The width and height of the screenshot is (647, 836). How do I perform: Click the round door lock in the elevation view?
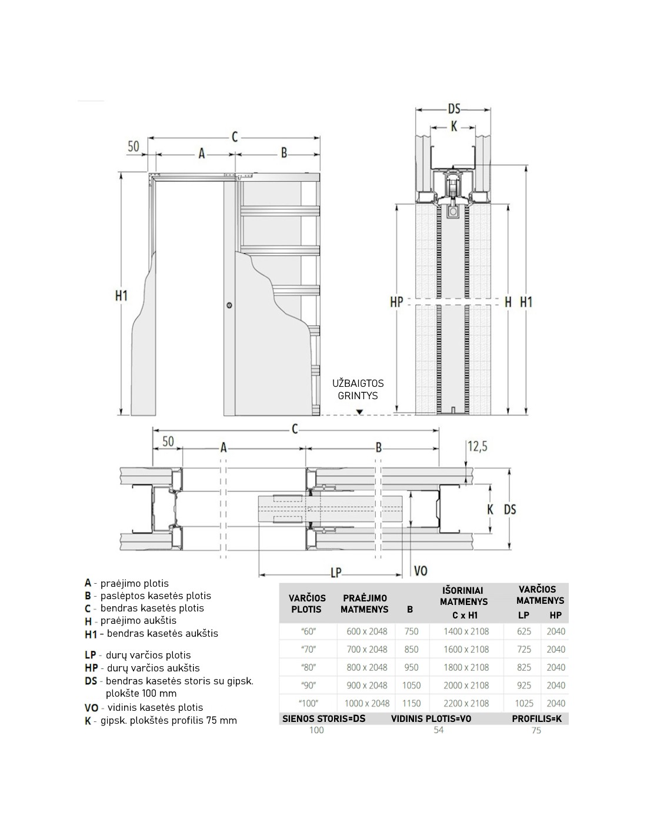click(x=229, y=305)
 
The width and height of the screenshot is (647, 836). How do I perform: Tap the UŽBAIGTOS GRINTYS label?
click(x=358, y=389)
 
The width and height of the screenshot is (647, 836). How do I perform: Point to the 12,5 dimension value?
click(x=477, y=446)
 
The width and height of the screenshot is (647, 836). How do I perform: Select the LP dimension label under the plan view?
click(x=336, y=573)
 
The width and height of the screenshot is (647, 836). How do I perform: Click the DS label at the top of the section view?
click(x=454, y=109)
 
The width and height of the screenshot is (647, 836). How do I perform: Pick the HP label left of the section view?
click(x=396, y=302)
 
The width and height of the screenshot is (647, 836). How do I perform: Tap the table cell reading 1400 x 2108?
click(x=466, y=631)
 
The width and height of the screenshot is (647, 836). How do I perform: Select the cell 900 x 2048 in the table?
click(x=367, y=685)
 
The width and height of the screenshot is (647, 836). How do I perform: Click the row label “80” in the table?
click(x=308, y=667)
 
